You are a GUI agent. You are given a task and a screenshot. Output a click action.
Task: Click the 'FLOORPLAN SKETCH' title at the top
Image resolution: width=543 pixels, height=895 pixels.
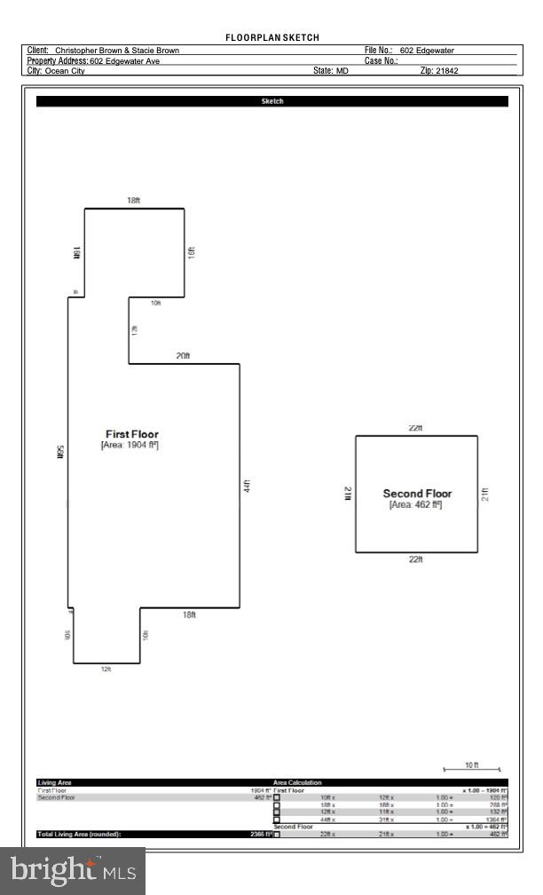click(271, 37)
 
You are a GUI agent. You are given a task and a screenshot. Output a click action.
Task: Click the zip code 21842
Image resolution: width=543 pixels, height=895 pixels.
click(447, 71)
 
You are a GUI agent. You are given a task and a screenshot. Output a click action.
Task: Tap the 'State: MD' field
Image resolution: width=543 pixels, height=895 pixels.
click(330, 71)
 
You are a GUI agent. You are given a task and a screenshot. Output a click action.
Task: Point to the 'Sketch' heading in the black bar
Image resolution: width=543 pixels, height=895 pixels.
click(271, 101)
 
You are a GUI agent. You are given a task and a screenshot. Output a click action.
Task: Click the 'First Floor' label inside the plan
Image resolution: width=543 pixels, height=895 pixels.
click(131, 434)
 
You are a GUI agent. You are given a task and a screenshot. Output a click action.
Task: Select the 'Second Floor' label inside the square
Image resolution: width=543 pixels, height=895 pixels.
click(417, 494)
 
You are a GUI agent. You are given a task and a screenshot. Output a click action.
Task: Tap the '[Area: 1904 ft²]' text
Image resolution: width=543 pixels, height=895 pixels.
click(130, 445)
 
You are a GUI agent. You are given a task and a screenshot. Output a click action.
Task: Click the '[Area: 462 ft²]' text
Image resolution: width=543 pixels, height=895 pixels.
click(415, 504)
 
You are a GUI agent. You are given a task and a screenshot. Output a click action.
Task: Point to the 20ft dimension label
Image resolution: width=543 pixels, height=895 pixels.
click(183, 356)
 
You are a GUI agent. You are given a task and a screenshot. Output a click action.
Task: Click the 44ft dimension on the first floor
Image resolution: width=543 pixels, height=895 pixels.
click(248, 486)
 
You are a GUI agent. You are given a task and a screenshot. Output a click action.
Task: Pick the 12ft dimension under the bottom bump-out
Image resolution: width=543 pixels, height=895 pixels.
click(106, 669)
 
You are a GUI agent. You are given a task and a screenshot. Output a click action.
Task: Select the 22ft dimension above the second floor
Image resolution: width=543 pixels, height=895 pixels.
click(415, 428)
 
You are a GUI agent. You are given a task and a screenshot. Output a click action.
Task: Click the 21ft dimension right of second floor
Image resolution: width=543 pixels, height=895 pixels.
click(484, 494)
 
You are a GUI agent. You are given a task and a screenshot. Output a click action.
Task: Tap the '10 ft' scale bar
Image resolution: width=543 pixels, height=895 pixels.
click(472, 765)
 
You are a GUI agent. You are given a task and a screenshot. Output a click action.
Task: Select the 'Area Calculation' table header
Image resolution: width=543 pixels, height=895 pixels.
click(298, 782)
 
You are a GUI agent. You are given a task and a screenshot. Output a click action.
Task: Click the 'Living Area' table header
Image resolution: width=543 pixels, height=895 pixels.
click(54, 782)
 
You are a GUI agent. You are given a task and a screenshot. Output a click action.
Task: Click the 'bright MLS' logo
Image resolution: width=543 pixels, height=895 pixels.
click(73, 871)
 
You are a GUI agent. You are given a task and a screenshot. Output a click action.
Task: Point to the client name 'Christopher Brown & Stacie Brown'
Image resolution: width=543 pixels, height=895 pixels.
click(117, 51)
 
